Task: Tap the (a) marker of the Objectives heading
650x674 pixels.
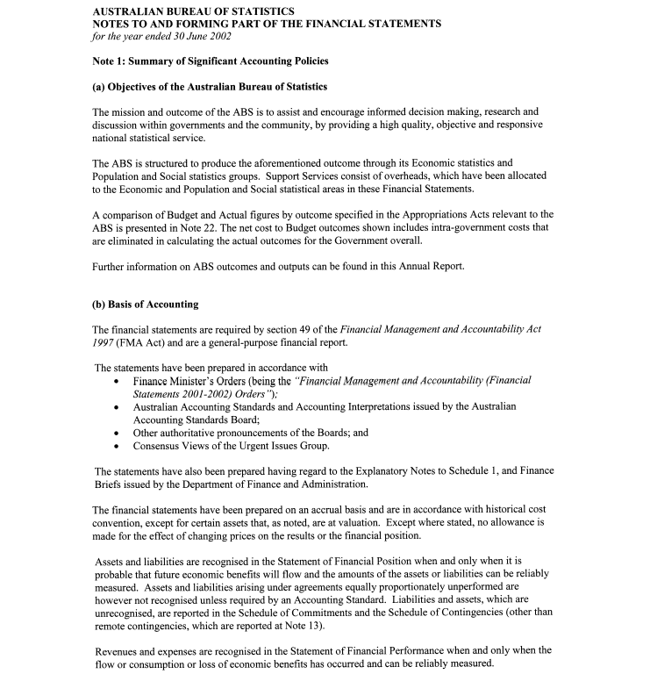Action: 99,87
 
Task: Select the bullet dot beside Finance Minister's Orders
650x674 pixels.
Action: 118,383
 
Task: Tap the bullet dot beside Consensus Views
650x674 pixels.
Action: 118,446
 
